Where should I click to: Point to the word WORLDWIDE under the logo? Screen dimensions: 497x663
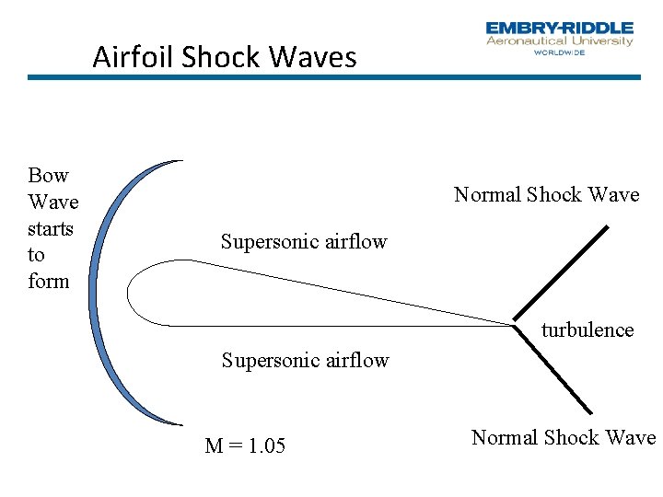pos(559,52)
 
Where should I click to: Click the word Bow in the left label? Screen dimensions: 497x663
pos(48,175)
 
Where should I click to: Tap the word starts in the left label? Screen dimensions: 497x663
pos(51,227)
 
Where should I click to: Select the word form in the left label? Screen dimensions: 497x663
pos(49,281)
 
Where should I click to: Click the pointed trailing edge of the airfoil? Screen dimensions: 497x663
pos(511,323)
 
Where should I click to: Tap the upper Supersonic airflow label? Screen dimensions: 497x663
pos(304,242)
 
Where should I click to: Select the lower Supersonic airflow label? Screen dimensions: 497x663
pos(305,360)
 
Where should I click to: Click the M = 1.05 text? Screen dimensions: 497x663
pos(245,446)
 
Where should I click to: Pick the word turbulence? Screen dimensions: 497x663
pos(587,329)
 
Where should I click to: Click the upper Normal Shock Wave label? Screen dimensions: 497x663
pos(546,194)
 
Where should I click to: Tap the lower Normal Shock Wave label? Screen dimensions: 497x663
pos(563,437)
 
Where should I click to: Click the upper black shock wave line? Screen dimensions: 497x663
pos(562,271)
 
